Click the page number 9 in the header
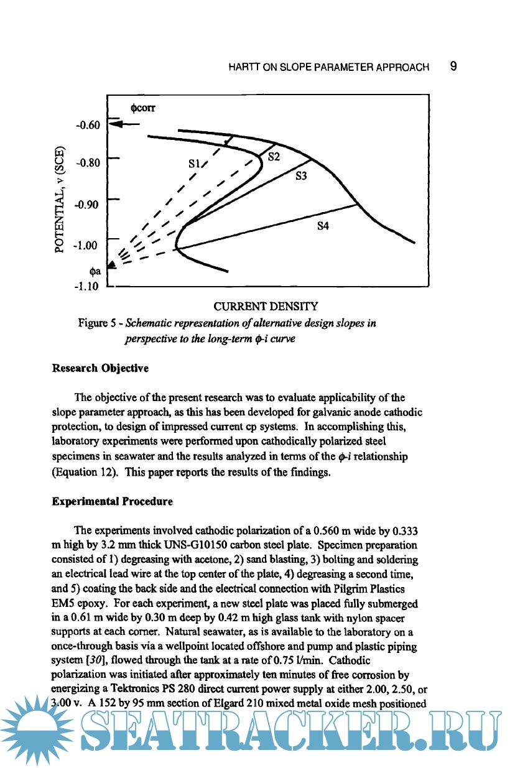tap(454, 67)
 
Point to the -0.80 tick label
tap(87, 163)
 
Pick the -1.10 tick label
tap(87, 287)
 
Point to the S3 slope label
tap(302, 176)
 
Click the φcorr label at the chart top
tap(143, 107)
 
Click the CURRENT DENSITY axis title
tap(266, 306)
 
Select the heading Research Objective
tap(100, 368)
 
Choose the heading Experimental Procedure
tap(112, 500)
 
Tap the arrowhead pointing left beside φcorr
tap(114, 124)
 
